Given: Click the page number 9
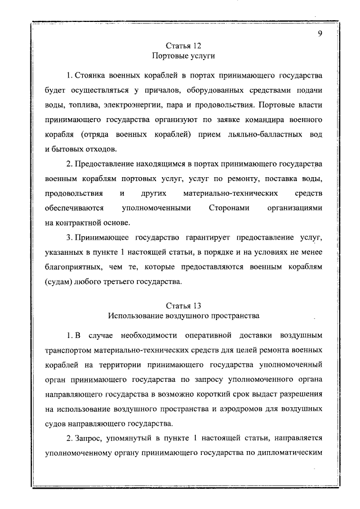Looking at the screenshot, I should point(319,33).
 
